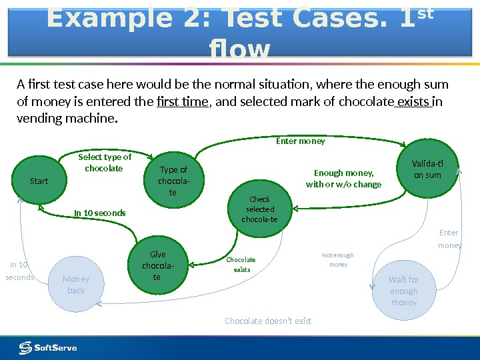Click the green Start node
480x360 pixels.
pos(39,180)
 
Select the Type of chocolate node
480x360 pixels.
pos(173,181)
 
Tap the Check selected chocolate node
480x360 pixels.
pos(259,209)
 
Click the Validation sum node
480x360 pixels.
pos(427,169)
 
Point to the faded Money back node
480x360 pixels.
pos(76,285)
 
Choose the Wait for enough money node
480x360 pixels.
pos(403,291)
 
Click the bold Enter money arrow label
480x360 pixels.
pos(301,141)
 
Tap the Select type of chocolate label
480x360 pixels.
pos(105,163)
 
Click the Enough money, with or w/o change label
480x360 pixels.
pos(343,179)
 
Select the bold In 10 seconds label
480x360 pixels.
pos(99,213)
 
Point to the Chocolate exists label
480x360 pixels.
pos(241,265)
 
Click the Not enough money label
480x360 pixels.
pos(338,260)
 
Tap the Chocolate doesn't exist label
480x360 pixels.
pos(268,321)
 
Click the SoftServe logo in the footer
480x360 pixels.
pos(48,347)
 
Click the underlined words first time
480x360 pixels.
pos(182,102)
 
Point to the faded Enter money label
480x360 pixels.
pos(449,239)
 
